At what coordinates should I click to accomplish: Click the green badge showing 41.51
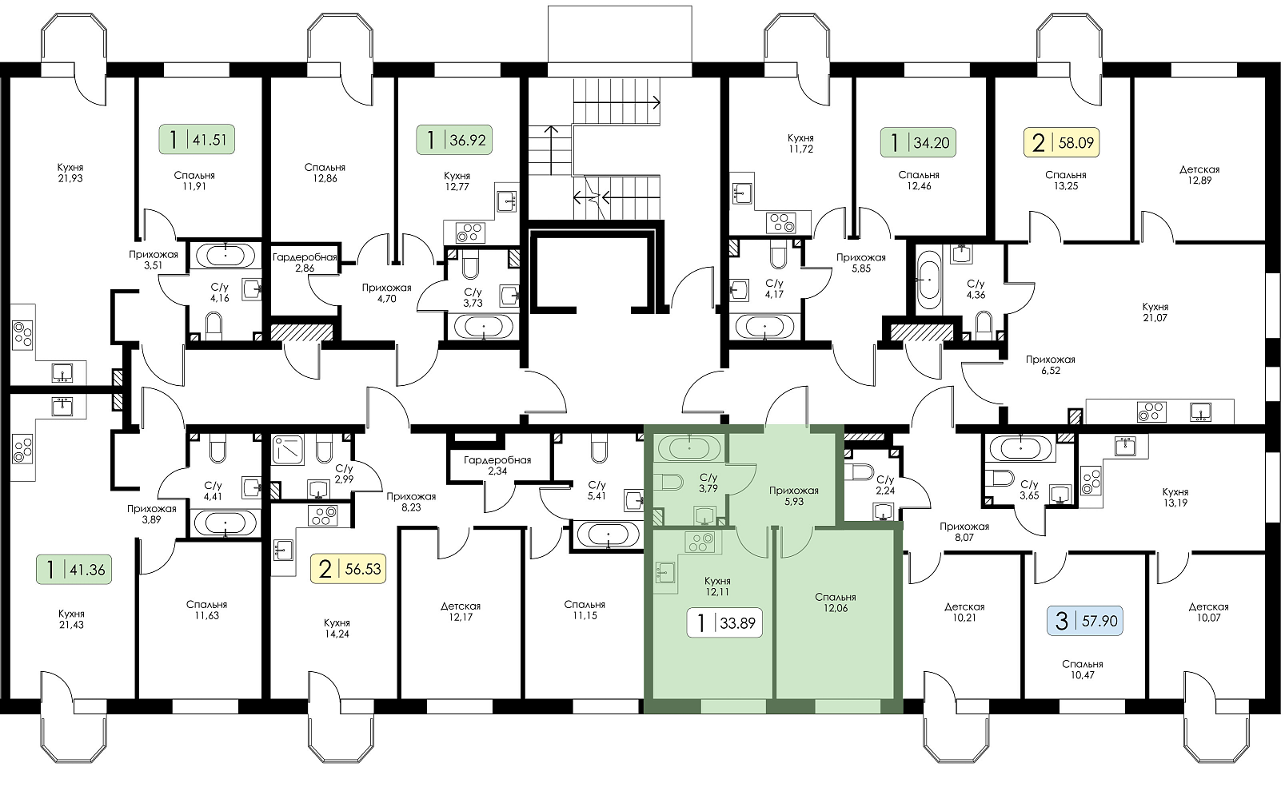196,139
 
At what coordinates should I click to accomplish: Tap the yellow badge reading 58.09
1061,142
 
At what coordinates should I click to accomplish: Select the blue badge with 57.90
1085,621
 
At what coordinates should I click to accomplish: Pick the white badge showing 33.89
724,622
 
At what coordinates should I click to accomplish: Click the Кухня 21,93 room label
70,173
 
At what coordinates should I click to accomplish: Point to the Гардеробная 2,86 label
305,263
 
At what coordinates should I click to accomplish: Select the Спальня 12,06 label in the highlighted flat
836,603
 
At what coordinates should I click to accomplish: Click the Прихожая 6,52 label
1051,365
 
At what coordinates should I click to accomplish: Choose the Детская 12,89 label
1199,175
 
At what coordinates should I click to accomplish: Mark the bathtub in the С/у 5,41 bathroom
608,535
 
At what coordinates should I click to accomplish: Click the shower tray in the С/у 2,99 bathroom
289,449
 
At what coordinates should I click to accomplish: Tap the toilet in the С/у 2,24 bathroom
862,471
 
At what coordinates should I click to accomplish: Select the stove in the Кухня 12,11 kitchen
700,543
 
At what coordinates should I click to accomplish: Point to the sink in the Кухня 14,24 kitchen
283,551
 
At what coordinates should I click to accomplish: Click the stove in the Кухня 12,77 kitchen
470,233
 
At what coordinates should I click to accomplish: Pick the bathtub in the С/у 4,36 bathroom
928,279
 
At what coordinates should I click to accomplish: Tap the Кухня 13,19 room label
1175,498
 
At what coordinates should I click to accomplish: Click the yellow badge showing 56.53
348,569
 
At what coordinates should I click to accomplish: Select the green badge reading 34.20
918,142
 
